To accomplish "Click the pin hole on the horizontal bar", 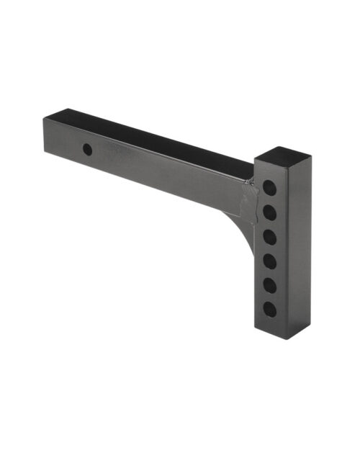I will coord(87,150).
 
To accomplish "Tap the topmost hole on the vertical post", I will coord(269,186).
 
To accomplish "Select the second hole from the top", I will coord(269,212).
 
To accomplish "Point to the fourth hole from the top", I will coord(269,261).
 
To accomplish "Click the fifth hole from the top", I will coord(269,285).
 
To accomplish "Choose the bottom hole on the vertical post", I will coord(269,310).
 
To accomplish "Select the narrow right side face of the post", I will coord(301,245).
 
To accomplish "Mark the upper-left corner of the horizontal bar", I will coord(44,119).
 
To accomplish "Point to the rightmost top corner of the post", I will coord(312,156).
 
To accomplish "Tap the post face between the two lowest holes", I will coord(269,297).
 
